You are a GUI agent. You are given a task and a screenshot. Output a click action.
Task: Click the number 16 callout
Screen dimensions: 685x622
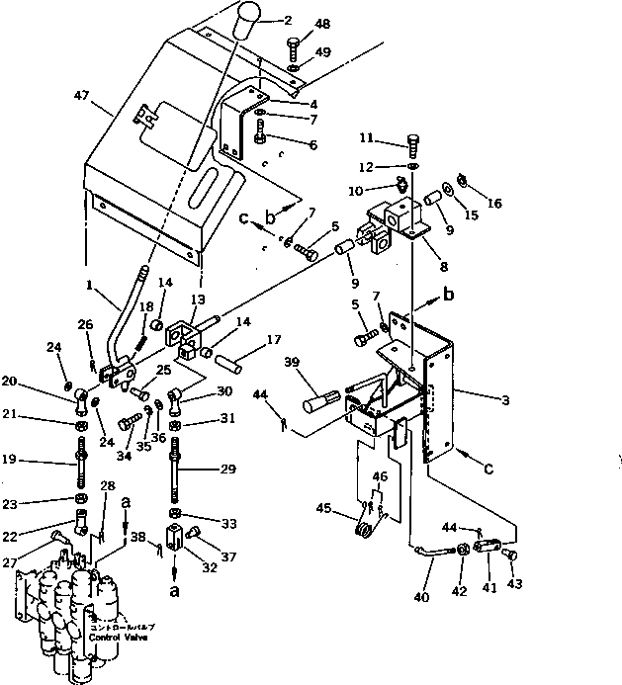tap(493, 204)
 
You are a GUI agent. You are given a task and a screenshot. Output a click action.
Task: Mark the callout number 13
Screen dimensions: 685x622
tap(198, 300)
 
